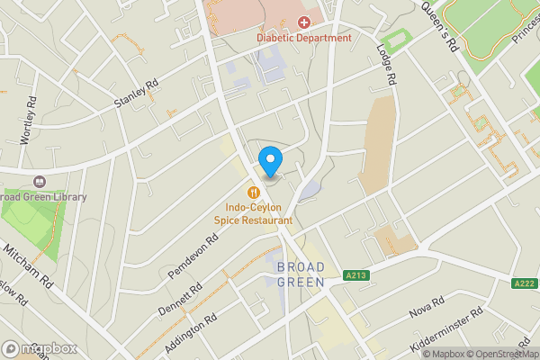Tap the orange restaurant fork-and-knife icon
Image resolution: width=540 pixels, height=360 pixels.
click(x=254, y=192)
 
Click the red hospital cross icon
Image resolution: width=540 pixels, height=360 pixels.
click(x=304, y=21)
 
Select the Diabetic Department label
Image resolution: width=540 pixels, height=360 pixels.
click(x=304, y=38)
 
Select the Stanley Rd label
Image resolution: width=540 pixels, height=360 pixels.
click(x=136, y=94)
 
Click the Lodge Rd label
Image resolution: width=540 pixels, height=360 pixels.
click(x=388, y=66)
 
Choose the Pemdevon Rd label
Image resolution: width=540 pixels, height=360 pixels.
click(x=193, y=256)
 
